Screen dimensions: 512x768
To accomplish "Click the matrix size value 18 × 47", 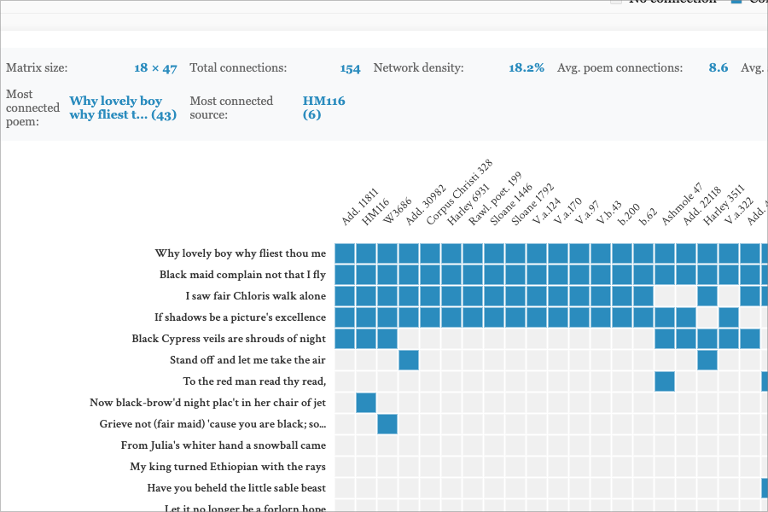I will click(x=155, y=68).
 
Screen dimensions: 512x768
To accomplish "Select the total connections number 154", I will click(x=350, y=68).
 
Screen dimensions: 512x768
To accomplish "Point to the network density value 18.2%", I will click(x=527, y=68).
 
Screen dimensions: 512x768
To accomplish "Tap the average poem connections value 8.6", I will click(x=718, y=68).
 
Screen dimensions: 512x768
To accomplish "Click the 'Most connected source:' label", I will click(x=231, y=108).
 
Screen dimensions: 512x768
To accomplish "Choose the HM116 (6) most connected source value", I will click(x=323, y=108).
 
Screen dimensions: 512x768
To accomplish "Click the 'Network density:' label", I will click(x=418, y=68).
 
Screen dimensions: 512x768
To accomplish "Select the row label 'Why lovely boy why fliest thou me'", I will click(x=241, y=253).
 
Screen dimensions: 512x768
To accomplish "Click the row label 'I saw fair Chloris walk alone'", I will click(x=256, y=296).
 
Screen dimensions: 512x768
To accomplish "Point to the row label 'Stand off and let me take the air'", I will click(x=247, y=360).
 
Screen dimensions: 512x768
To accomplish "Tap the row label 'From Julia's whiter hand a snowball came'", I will click(x=224, y=445).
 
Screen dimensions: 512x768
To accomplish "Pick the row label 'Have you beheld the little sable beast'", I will click(x=236, y=488).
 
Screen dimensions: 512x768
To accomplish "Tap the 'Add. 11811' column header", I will click(x=359, y=207).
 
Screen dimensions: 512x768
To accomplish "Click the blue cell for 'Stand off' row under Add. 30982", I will click(x=409, y=360).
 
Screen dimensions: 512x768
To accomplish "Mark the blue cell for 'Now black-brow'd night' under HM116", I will click(x=366, y=403).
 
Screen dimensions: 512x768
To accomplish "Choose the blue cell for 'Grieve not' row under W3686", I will click(x=387, y=424).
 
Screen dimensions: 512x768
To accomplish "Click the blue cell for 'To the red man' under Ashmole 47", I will click(x=665, y=381).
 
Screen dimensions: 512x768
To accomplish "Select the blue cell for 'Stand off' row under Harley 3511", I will click(x=707, y=360).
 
